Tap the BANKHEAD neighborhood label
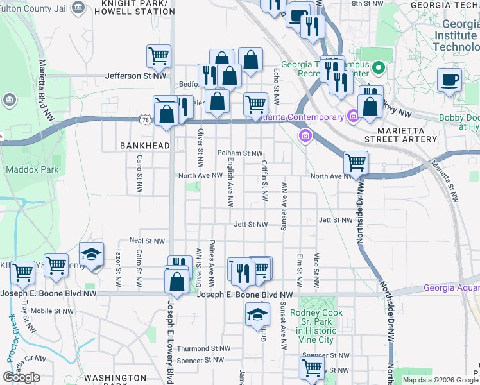pyautogui.click(x=144, y=146)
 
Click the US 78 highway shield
pyautogui.click(x=146, y=119)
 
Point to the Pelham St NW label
pyautogui.click(x=240, y=153)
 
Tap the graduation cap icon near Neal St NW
pyautogui.click(x=91, y=254)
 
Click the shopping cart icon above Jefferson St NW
pyautogui.click(x=159, y=55)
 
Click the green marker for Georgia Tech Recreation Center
pyautogui.click(x=378, y=67)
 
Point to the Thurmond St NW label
pyautogui.click(x=203, y=349)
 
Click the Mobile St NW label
pyautogui.click(x=49, y=311)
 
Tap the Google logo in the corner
pyautogui.click(x=21, y=377)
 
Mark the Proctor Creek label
pyautogui.click(x=13, y=339)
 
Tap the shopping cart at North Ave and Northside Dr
pyautogui.click(x=355, y=163)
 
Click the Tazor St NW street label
pyautogui.click(x=118, y=267)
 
